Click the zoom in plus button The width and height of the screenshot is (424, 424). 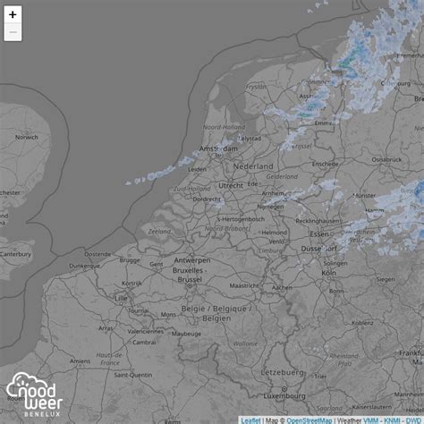(13, 14)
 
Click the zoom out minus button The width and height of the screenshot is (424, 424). (13, 33)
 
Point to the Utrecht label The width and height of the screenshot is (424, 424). (230, 185)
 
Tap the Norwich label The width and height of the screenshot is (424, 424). (27, 137)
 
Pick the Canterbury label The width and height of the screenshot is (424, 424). (15, 252)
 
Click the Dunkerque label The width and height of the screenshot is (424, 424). (84, 266)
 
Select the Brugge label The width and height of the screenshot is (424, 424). (130, 260)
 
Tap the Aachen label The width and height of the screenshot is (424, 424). (282, 287)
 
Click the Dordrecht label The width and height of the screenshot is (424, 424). (206, 199)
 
